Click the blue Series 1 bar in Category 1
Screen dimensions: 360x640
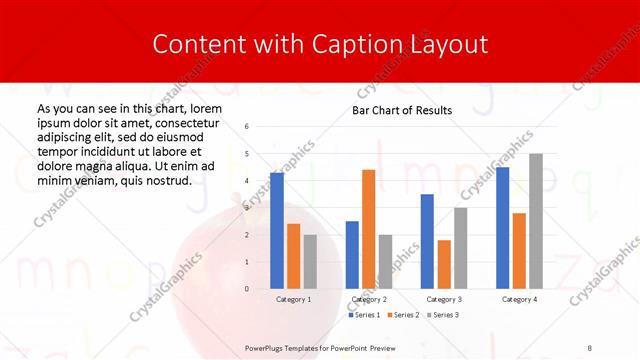(277, 231)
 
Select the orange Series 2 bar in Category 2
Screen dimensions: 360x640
(368, 229)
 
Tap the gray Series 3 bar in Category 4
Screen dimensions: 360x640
(536, 221)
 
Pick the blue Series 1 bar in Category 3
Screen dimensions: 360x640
(427, 241)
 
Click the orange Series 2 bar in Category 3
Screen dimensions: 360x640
(444, 264)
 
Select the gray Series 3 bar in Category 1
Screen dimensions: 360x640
(310, 261)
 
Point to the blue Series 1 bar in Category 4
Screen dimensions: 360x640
(502, 228)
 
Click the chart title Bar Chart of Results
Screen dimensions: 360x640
(402, 110)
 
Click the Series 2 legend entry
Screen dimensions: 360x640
(402, 315)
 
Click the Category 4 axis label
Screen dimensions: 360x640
(518, 299)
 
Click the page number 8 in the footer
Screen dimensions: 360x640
(590, 346)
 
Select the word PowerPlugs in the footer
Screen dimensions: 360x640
(267, 346)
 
